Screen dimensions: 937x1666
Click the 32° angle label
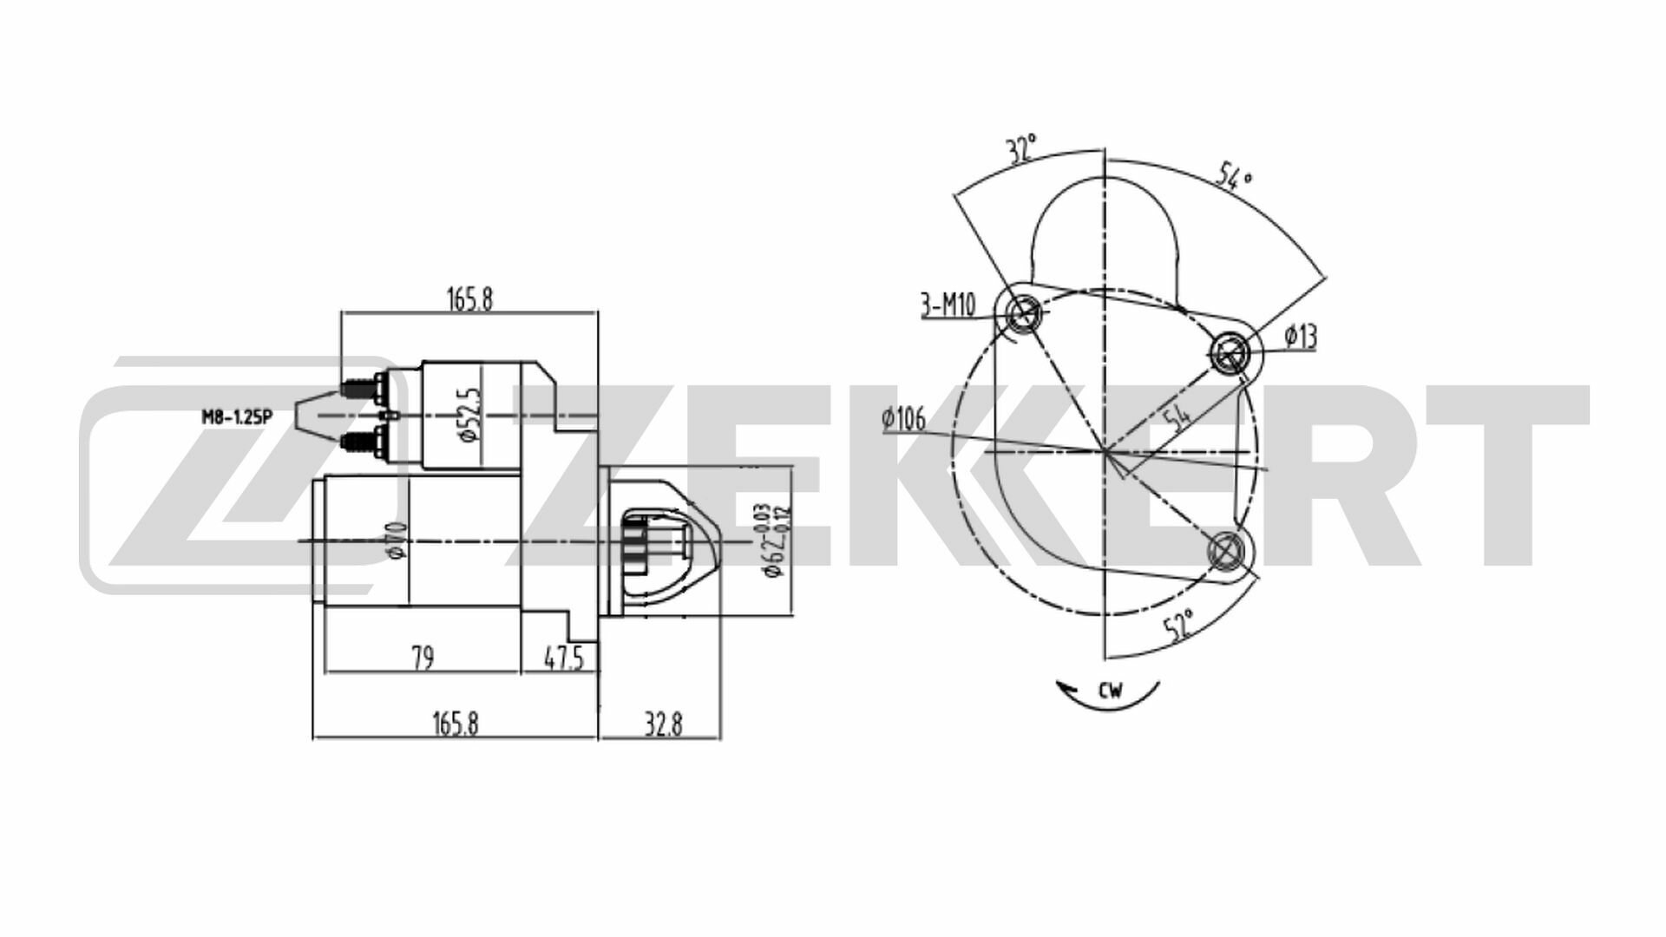[1022, 149]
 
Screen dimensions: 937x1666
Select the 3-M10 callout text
[948, 305]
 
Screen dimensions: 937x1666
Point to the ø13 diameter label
[1300, 337]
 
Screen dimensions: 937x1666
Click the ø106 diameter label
[903, 421]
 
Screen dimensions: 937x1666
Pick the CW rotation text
[1110, 691]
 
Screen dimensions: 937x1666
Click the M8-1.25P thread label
[237, 416]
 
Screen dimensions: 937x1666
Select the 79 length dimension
[422, 659]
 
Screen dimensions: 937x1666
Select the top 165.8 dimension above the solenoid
[469, 298]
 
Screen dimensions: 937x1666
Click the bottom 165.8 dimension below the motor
[455, 724]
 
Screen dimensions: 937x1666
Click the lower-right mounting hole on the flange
[1227, 550]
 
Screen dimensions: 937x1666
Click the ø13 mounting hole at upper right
[1230, 351]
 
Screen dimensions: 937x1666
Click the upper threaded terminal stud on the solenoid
[356, 386]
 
